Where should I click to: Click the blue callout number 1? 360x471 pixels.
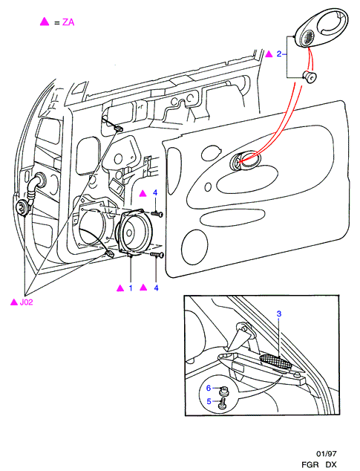(131, 288)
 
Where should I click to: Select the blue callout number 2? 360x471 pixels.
(279, 54)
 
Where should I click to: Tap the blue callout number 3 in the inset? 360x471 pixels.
(279, 314)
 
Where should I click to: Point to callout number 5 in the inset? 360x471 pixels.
(209, 401)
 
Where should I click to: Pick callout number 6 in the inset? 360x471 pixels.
(209, 388)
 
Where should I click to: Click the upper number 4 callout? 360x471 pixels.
(155, 192)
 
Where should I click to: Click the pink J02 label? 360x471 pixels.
(26, 302)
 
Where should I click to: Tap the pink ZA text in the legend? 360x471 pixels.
(68, 22)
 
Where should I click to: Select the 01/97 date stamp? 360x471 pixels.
(326, 454)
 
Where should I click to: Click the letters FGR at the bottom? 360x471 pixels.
(310, 464)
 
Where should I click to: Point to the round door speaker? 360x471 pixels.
(135, 233)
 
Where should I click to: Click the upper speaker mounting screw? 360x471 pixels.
(157, 214)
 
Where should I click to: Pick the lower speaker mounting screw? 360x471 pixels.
(157, 255)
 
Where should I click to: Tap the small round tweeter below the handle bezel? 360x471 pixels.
(310, 77)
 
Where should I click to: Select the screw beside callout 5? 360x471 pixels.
(222, 403)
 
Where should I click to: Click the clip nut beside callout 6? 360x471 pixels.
(223, 390)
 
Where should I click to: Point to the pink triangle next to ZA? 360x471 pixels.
(45, 22)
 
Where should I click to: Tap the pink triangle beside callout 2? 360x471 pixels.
(269, 53)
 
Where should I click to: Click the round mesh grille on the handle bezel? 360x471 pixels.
(307, 38)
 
